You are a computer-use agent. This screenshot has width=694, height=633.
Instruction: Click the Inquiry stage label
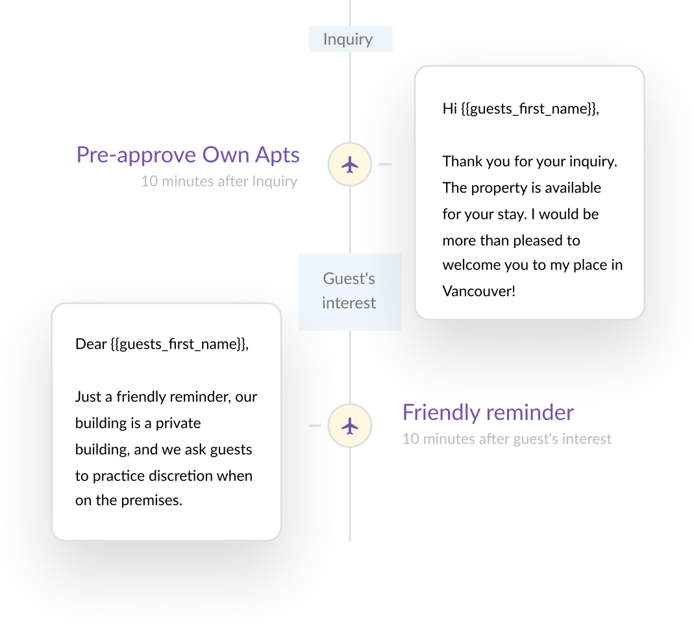349,39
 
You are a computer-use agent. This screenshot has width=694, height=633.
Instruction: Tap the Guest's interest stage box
349,291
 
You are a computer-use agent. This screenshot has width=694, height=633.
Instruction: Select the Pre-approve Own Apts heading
188,155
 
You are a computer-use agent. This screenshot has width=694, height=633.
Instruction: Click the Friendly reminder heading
488,413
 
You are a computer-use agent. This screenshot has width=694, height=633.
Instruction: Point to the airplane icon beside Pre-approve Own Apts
350,164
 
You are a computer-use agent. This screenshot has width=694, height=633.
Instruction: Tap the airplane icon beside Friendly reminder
350,426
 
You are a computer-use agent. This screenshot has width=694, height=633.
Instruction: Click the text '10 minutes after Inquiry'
219,181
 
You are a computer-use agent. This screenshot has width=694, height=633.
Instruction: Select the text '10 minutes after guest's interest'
506,439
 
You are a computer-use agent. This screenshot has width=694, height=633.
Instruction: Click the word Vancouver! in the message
479,291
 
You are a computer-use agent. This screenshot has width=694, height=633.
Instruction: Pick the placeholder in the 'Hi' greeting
530,108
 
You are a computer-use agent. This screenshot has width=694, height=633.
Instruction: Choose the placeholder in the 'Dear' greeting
179,344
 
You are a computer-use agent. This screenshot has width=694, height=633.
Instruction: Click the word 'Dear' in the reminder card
91,344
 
